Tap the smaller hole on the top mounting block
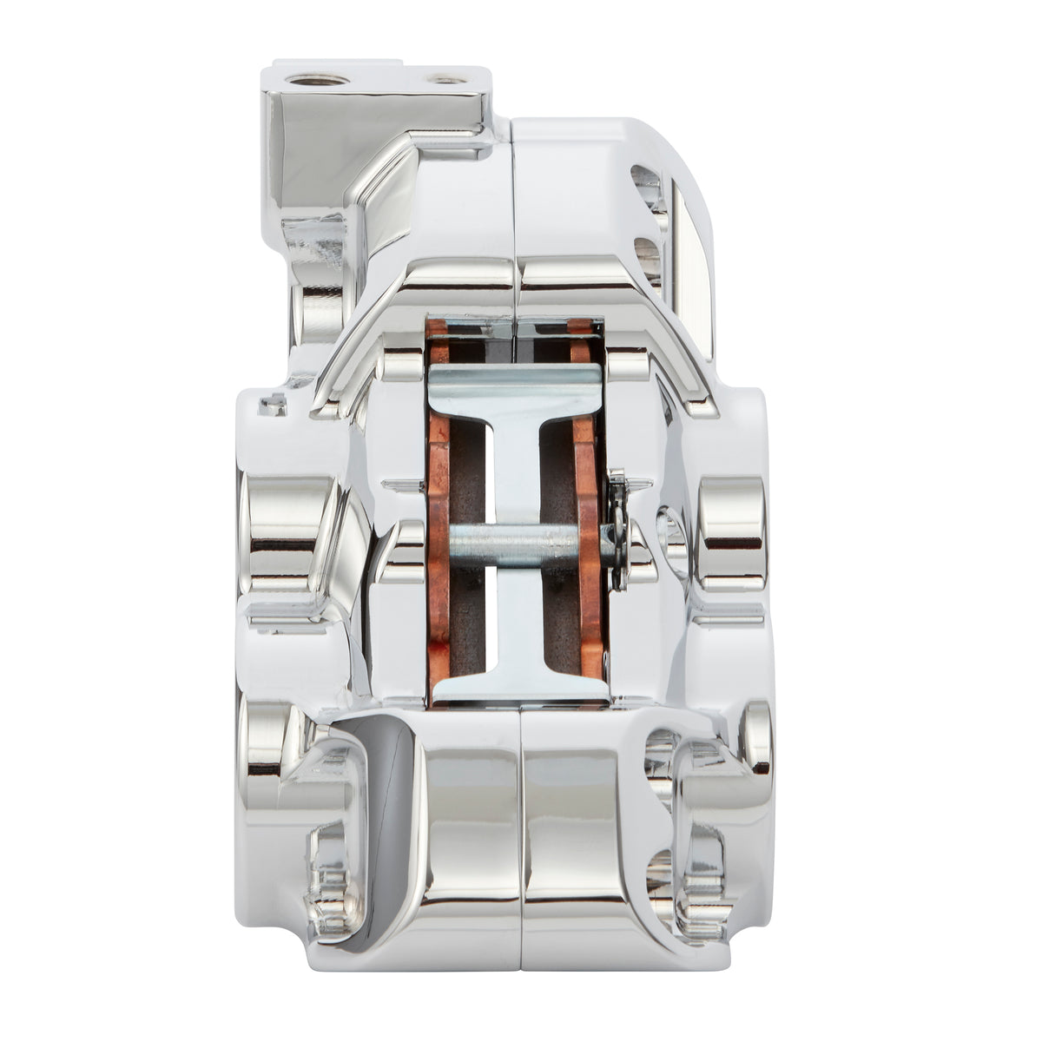coord(446,80)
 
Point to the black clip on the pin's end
coord(620,530)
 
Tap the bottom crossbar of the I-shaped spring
coord(518,688)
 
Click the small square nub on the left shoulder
coord(273,404)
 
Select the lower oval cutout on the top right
coord(648,255)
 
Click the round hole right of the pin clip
coord(671,531)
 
